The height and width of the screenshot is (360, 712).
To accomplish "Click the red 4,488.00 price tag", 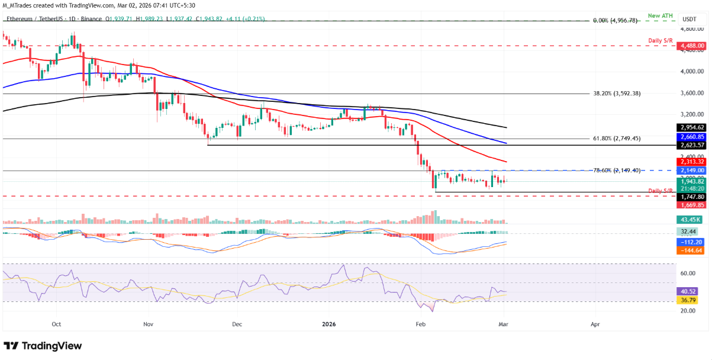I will click(692, 46).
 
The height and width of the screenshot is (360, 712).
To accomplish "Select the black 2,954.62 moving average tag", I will click(692, 127).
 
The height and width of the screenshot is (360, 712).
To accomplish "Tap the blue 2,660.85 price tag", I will click(692, 136).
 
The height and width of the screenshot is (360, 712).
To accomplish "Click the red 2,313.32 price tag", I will click(692, 162).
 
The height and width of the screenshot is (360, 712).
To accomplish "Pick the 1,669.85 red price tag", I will click(692, 205).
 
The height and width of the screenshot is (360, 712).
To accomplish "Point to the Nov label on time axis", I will click(149, 324).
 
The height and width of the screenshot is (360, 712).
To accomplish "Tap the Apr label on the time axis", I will click(595, 324).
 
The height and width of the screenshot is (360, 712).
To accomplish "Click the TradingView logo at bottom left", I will click(43, 346).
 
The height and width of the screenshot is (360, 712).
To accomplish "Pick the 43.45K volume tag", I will click(691, 220).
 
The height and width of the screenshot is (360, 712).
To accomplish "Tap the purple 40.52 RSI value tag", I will click(691, 292).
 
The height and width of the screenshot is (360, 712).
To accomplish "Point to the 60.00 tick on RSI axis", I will click(687, 274).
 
